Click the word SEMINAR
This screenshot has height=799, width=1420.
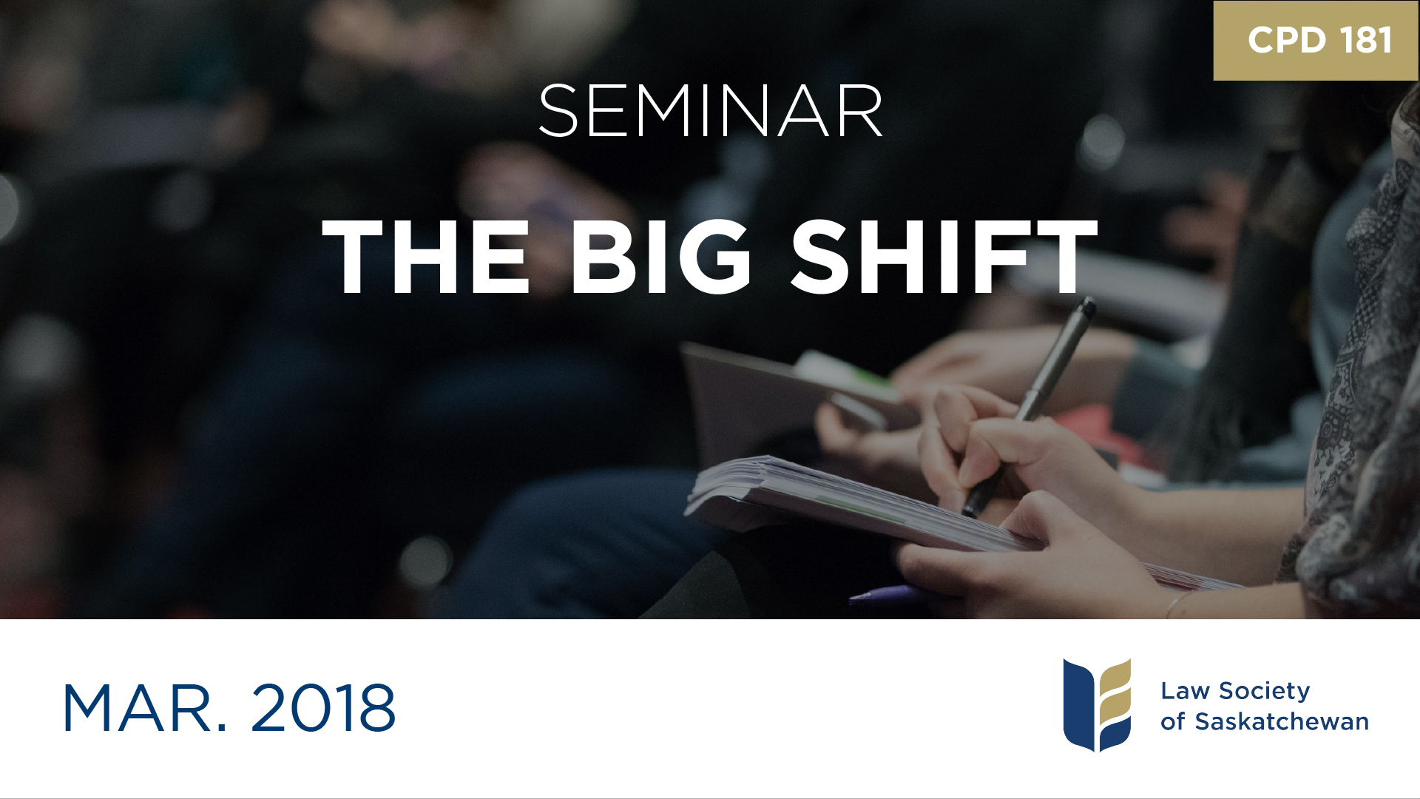point(710,112)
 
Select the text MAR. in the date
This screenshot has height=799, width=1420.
point(145,709)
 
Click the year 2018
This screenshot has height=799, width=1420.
point(323,709)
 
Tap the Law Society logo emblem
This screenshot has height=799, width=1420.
point(1097,704)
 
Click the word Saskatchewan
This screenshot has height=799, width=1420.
point(1282,721)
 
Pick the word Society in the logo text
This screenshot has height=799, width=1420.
point(1265,691)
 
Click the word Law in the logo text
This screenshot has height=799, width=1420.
point(1185,691)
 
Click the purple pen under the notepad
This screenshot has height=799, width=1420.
point(884,595)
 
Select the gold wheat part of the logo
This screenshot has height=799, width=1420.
point(1115,695)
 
